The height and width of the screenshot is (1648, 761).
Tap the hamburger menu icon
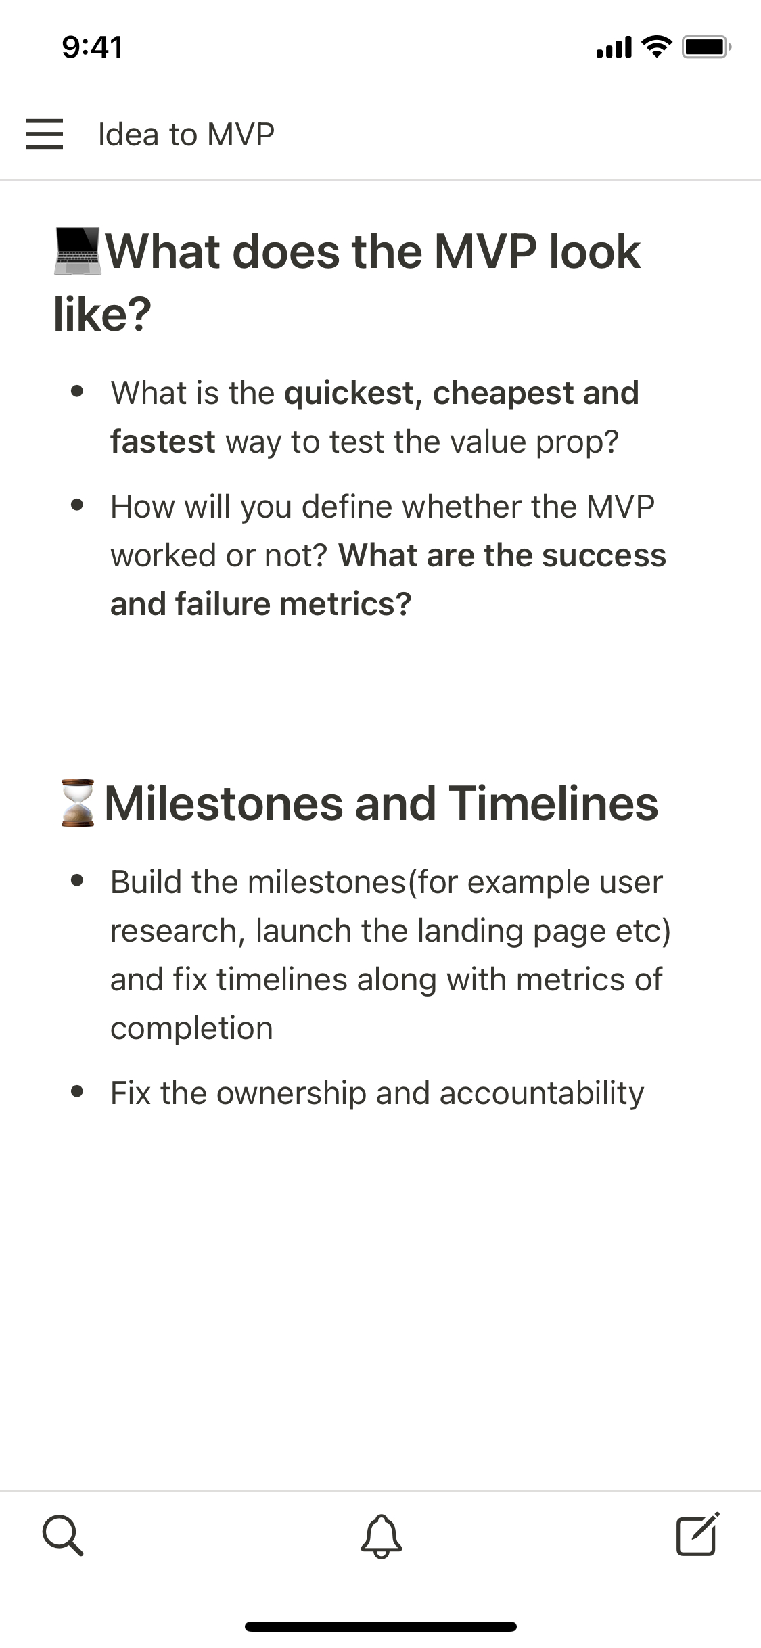click(x=45, y=134)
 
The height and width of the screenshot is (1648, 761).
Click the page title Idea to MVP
click(x=186, y=134)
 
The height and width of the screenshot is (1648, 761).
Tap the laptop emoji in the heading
click(x=78, y=251)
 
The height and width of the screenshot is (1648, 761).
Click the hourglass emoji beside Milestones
click(x=78, y=803)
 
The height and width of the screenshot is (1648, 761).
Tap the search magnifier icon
click(x=63, y=1536)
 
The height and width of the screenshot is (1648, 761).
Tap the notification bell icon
click(x=382, y=1536)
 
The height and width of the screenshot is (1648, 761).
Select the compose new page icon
click(x=697, y=1534)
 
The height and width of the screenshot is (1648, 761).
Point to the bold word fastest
click(x=163, y=442)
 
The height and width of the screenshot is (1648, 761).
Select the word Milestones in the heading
click(x=224, y=804)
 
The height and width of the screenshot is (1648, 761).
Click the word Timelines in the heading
click(x=553, y=804)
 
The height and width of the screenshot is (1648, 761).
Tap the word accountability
click(x=542, y=1093)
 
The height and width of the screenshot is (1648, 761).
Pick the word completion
click(x=192, y=1028)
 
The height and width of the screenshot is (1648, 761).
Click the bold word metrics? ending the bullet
click(x=345, y=604)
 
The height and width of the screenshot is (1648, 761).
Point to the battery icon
click(x=706, y=47)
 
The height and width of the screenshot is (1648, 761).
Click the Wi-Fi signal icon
click(x=656, y=46)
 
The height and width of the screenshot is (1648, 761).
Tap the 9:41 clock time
click(x=92, y=47)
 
